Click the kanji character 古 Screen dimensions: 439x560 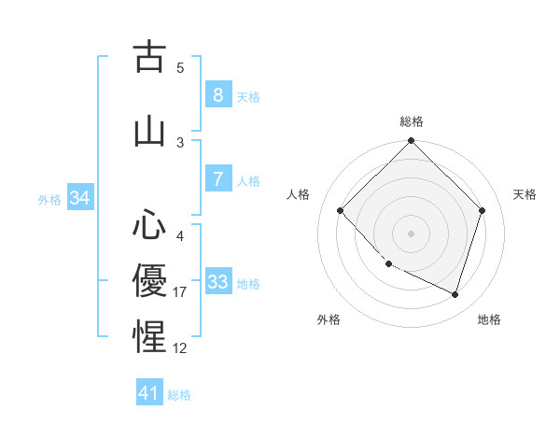tap(149, 57)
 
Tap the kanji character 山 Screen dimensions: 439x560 tap(149, 132)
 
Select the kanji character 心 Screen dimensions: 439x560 tap(149, 224)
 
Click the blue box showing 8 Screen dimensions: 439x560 tap(217, 94)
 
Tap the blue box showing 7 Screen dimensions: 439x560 tap(217, 179)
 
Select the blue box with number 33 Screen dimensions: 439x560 tap(217, 282)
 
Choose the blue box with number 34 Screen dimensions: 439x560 tap(79, 198)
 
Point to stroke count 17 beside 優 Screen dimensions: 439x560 tap(180, 292)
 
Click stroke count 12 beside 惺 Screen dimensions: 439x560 tap(180, 348)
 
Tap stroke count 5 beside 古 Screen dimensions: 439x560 tap(180, 68)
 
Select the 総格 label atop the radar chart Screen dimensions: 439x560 tap(411, 121)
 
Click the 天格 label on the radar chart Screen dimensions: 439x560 tap(525, 194)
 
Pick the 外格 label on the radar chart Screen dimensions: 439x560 tap(329, 319)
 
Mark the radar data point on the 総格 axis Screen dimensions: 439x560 tap(411, 141)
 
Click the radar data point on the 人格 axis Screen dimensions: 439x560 tap(341, 210)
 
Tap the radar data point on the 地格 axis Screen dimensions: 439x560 tap(455, 294)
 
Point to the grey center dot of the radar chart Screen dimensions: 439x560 tap(411, 233)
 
